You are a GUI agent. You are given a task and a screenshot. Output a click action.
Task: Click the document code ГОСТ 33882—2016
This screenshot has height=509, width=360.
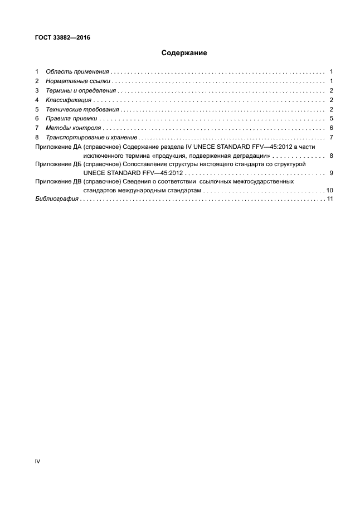tap(62, 38)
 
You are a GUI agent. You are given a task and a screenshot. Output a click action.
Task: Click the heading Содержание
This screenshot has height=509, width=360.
tap(184, 54)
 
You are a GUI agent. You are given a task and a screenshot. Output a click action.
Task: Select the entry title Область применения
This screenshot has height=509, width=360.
tap(77, 72)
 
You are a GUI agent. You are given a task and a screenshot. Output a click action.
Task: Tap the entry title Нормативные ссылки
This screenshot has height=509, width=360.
tap(79, 81)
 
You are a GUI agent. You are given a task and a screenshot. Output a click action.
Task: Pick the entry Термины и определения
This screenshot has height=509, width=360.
tap(81, 91)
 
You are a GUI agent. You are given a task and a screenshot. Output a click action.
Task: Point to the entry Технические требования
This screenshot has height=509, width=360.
tap(82, 109)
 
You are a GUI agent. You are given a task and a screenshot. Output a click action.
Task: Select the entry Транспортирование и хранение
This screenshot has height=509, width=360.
tap(91, 137)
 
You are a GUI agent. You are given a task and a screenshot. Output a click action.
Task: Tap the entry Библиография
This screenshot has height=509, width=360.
tap(56, 199)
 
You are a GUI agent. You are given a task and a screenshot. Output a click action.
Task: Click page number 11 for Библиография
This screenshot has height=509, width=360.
tap(329, 199)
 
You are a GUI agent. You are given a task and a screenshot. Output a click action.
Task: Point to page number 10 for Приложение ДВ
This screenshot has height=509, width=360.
tap(329, 191)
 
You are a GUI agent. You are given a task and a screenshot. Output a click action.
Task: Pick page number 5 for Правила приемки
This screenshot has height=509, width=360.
tap(331, 119)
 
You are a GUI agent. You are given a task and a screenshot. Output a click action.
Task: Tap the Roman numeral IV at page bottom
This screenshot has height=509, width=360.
tap(37, 462)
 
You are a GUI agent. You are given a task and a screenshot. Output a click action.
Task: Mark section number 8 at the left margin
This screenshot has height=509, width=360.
tap(37, 137)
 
